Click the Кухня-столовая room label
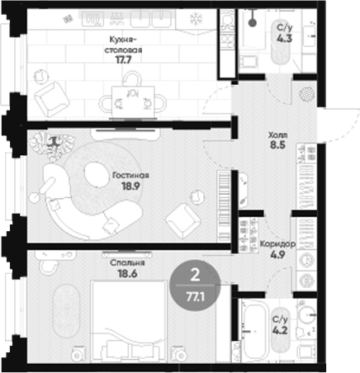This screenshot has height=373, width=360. pos(123,45)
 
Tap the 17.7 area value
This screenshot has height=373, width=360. pos(123,59)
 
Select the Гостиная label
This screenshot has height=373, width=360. pos(130,176)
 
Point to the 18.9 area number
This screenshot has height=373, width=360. pos(130,186)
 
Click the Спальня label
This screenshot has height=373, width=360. pos(127,263)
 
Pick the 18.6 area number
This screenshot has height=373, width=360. pos(127,274)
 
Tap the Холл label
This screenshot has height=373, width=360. pos(277,135)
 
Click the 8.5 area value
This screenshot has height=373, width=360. pos(277,144)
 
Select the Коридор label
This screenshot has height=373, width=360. pos(277,244)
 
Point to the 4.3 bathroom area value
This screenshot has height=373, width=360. pos(285,39)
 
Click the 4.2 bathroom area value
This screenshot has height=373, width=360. pos(281,330)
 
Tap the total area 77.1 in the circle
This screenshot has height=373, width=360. pos(195,297)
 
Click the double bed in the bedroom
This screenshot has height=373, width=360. pos(129,321)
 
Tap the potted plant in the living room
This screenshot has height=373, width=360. pos(52,145)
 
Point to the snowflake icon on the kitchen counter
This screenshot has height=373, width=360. pos(197,19)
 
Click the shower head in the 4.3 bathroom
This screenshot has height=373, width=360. pos(253,23)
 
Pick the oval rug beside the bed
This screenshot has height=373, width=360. pos(65,312)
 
